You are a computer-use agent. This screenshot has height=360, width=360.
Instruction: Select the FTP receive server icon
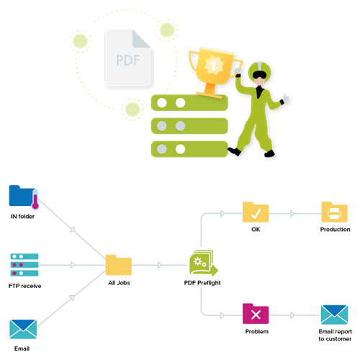coord(24,265)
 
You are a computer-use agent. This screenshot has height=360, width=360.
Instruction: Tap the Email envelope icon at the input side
coord(23,329)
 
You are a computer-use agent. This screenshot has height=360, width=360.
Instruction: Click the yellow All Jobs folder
coord(119,265)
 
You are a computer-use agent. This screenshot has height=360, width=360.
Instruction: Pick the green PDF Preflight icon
coord(203,262)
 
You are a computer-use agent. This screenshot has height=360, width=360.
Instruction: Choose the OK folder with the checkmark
coord(256,212)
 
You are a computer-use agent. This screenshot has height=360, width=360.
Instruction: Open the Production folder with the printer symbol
coord(334,212)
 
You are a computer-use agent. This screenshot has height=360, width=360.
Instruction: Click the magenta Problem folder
coord(256,314)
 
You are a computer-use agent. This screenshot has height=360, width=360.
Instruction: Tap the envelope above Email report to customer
coord(334,315)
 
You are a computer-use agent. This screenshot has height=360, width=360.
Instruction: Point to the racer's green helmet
coord(259,71)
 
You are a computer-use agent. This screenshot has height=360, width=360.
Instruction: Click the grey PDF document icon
coord(127,58)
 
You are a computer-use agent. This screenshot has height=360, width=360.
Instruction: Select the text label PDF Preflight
coord(202,283)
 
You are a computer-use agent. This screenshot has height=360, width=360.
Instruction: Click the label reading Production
coord(335,229)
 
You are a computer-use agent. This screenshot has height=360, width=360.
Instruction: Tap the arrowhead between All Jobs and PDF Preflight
coord(160,265)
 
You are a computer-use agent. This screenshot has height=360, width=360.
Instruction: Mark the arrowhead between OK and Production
coord(292,213)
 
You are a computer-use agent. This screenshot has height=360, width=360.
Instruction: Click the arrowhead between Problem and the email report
coord(292,315)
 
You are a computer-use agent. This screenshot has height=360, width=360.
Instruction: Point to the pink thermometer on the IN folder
coord(35,199)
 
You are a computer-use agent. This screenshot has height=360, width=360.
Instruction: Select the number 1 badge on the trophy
coord(213,65)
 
